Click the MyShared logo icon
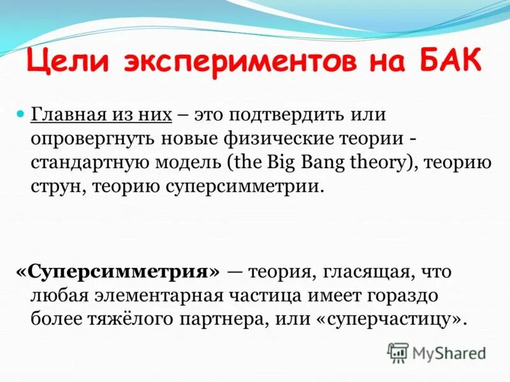(x=398, y=352)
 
